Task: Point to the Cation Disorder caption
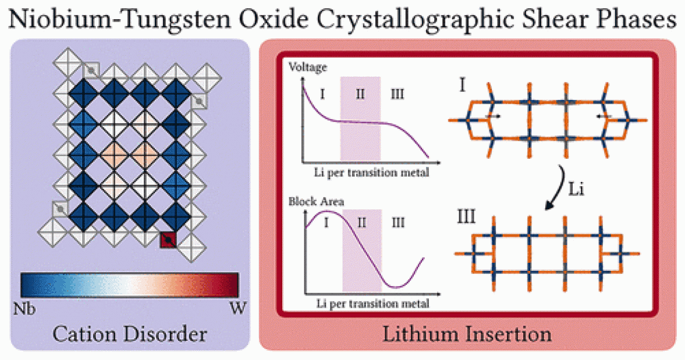(130, 335)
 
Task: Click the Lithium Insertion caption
(467, 335)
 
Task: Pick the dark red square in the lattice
(168, 240)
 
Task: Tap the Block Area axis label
(316, 202)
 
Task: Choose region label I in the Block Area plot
(326, 221)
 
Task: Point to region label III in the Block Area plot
(397, 221)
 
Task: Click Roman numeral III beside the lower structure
(466, 219)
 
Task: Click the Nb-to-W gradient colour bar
(129, 285)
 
